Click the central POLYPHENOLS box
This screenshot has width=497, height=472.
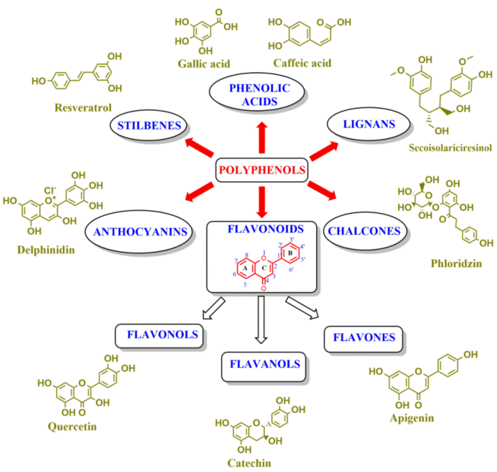[262, 170]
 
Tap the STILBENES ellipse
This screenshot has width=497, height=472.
[148, 126]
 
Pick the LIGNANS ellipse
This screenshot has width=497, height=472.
[369, 124]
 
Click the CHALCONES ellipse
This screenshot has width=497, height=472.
[365, 231]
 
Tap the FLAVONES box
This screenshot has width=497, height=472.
[364, 339]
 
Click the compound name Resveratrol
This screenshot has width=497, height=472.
[83, 108]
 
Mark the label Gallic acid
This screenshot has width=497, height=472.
[204, 64]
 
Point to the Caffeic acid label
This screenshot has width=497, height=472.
[302, 63]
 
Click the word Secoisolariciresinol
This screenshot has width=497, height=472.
[450, 148]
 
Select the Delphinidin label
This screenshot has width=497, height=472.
[46, 250]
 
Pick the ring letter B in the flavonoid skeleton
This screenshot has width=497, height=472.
[290, 253]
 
